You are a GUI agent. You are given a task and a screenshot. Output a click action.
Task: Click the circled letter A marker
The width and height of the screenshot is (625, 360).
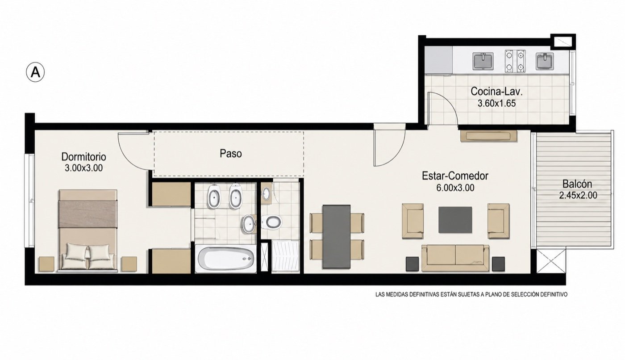click(x=35, y=72)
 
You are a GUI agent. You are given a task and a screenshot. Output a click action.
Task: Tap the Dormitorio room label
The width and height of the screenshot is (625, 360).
click(x=84, y=157)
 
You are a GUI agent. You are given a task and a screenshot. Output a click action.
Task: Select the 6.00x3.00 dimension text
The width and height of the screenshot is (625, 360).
click(x=455, y=188)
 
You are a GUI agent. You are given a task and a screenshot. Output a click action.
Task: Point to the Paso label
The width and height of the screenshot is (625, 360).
click(x=231, y=154)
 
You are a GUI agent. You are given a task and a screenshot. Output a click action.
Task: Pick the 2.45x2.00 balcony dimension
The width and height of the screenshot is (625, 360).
click(x=578, y=195)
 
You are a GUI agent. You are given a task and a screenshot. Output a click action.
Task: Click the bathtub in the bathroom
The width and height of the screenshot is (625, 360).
click(x=225, y=259)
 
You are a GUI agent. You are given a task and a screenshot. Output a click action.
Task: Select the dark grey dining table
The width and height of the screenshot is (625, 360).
click(x=336, y=237)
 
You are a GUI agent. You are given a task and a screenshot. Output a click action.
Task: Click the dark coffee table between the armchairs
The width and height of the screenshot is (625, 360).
click(x=455, y=220)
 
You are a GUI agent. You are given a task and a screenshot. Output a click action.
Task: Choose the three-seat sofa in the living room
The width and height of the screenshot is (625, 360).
click(x=455, y=258)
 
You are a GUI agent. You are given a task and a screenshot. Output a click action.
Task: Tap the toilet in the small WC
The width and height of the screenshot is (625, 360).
click(x=271, y=222)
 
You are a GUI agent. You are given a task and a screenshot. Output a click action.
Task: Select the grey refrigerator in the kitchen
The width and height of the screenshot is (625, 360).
click(x=438, y=61)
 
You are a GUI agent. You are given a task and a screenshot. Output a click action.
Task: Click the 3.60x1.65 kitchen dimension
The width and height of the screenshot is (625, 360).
click(x=496, y=104)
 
